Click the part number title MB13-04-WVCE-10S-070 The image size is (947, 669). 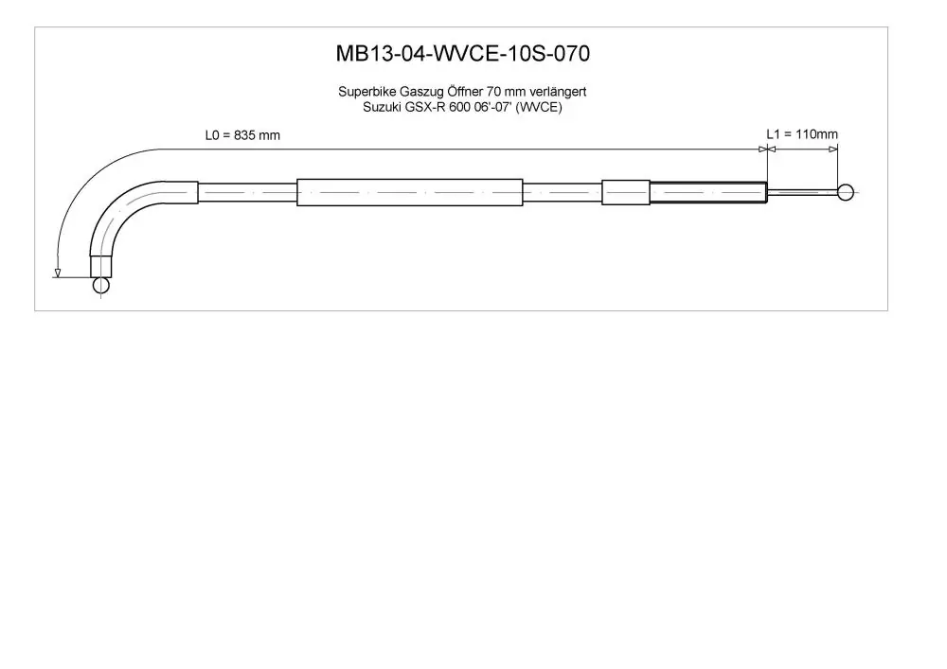[x=463, y=54]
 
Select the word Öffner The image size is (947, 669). [x=464, y=91]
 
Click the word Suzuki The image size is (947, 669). [x=381, y=107]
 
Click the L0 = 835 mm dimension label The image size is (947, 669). [x=242, y=135]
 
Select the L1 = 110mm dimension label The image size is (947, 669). [x=802, y=134]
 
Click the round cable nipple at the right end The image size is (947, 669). [x=846, y=192]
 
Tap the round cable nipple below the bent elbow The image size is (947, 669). [x=101, y=284]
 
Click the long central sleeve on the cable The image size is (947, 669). [x=409, y=192]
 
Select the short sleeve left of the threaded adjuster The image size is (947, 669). [x=626, y=192]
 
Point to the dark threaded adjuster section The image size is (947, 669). [x=708, y=192]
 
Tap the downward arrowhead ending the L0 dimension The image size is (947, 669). [x=58, y=273]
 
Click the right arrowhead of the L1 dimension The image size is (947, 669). [x=833, y=149]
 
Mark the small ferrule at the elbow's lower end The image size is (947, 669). [x=101, y=266]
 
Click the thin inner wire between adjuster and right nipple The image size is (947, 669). [x=803, y=192]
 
